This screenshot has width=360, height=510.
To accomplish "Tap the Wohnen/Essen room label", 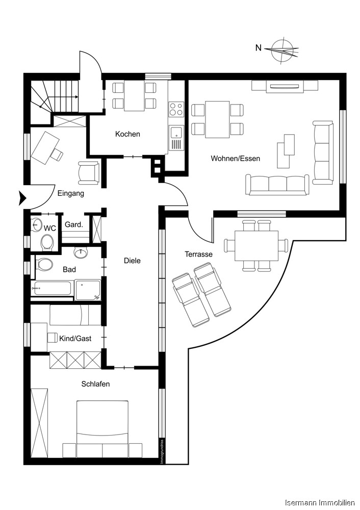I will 235,159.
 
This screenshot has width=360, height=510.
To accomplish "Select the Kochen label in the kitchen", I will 127,134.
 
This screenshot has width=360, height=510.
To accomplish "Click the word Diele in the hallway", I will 132,261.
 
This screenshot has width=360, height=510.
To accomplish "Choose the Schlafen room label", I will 95,384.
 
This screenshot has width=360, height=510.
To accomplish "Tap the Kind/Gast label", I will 76,338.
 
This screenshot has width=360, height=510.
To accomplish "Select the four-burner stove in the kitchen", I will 176,110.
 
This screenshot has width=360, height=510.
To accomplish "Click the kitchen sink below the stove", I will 176,133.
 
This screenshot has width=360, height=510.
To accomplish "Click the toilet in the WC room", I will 48,242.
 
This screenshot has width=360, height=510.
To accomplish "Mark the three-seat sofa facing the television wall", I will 277,184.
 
